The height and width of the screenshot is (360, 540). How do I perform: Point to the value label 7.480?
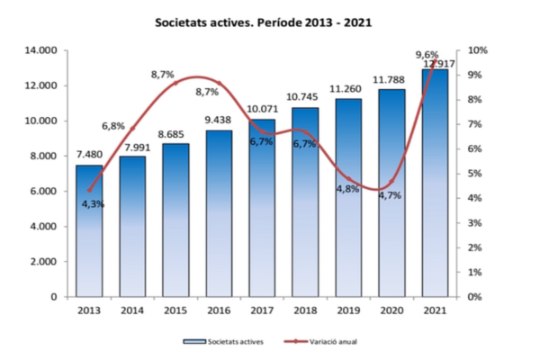click(x=89, y=155)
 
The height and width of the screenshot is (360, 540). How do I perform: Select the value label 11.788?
click(x=393, y=79)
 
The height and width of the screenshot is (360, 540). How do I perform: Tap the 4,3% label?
click(x=94, y=204)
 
